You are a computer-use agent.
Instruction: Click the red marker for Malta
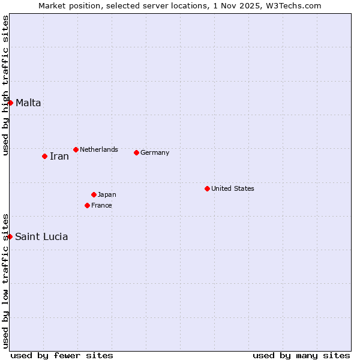(x=10, y=103)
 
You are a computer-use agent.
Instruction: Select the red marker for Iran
(x=44, y=156)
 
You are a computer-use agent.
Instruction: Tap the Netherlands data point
(x=76, y=149)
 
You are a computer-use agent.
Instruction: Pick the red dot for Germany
(x=136, y=152)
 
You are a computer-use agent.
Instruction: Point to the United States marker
(x=207, y=188)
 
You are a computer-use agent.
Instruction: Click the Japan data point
(x=94, y=194)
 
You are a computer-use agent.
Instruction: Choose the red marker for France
(x=87, y=205)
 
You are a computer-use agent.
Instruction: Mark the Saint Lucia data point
(x=10, y=236)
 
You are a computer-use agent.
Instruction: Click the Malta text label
(x=28, y=103)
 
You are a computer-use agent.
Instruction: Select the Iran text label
(x=59, y=157)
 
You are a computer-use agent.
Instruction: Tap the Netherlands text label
(x=99, y=149)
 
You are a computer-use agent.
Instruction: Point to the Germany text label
(x=155, y=152)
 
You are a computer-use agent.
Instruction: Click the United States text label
(x=233, y=188)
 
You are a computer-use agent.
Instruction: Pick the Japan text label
(x=107, y=194)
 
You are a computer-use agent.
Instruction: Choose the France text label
(x=101, y=205)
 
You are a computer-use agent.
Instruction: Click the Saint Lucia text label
(x=41, y=237)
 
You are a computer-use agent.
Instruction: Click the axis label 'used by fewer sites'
(x=62, y=355)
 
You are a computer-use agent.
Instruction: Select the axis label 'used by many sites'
(x=301, y=355)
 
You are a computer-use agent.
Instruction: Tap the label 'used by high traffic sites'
(x=6, y=86)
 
